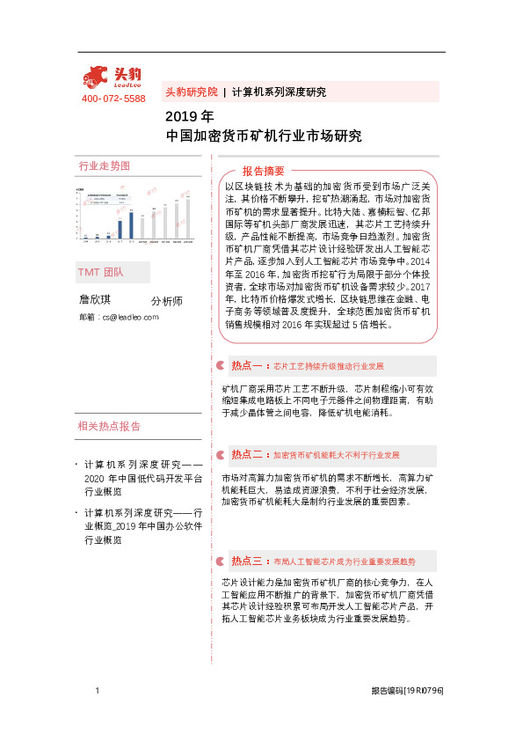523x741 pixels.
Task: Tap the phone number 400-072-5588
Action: [x=113, y=99]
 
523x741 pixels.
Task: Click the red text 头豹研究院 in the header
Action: [x=191, y=92]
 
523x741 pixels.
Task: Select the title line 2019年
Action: [x=189, y=116]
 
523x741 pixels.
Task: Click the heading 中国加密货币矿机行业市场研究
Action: [x=264, y=136]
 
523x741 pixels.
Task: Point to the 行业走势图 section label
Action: [x=105, y=166]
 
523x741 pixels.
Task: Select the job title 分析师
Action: [x=166, y=301]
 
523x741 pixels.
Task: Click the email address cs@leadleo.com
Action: [x=118, y=316]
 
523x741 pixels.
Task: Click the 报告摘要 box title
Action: [x=264, y=171]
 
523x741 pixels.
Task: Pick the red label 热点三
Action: [x=247, y=561]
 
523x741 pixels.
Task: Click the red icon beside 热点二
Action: [x=220, y=455]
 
